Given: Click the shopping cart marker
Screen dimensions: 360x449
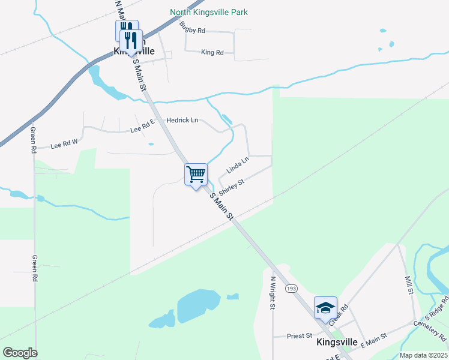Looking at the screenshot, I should pos(196,175).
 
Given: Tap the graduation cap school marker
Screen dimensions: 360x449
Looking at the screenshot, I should pos(325,308).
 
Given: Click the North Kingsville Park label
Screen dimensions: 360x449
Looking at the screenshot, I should pos(209,12).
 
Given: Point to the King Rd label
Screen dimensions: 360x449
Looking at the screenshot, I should pos(212,53).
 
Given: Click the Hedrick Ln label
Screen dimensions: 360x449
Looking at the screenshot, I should pos(182,120).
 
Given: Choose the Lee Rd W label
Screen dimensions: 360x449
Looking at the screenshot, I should pos(65,145).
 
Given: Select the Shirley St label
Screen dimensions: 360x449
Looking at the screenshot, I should pos(232,187).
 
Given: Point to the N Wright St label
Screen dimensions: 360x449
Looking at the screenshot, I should pos(272,293).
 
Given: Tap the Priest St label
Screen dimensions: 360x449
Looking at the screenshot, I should pos(299,336).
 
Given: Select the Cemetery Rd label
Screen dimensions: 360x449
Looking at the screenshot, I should pos(430,325).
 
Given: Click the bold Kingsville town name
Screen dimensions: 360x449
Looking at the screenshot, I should pos(337,342).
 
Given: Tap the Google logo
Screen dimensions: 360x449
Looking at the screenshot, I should pos(20,352).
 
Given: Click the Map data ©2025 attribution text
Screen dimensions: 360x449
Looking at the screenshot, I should pos(423,355).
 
